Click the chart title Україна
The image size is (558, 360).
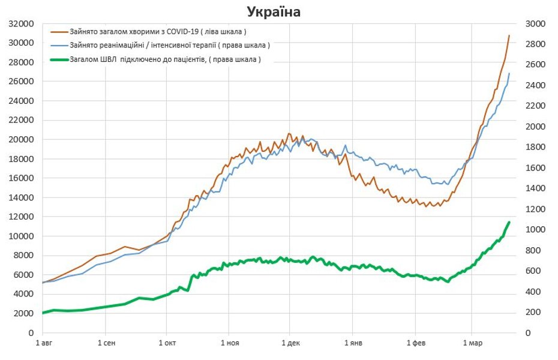pos(273,12)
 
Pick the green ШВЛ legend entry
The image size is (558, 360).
pos(165,59)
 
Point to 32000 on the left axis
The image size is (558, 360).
pos(21,24)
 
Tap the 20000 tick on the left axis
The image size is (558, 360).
pos(21,140)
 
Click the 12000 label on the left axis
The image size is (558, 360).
pos(21,217)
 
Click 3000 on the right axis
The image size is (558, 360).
pos(535,24)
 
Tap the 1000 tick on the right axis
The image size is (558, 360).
pos(535,230)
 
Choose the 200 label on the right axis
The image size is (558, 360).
pos(533,312)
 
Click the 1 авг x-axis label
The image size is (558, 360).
pos(43,343)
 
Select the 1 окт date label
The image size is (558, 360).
pos(167,343)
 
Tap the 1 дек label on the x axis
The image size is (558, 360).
pos(290,343)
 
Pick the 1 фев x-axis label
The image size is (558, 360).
pos(415,343)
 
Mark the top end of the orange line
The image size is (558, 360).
pos(509,35)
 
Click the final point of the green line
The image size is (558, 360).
pos(509,223)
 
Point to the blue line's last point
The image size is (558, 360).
pos(509,74)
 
